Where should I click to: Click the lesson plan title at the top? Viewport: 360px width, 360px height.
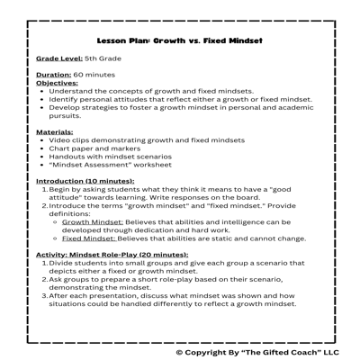click(x=180, y=40)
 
